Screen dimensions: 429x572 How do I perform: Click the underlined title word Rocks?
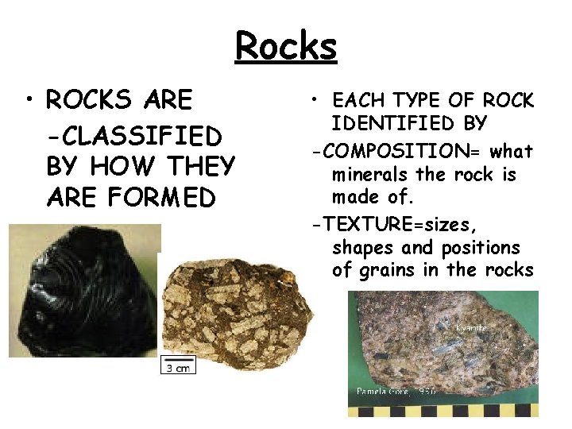point(286,46)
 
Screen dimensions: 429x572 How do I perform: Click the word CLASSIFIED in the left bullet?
point(134,136)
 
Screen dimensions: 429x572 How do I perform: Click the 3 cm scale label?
point(176,367)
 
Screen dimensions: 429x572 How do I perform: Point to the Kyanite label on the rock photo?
point(472,327)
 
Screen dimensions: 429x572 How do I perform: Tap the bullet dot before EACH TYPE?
point(316,100)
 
